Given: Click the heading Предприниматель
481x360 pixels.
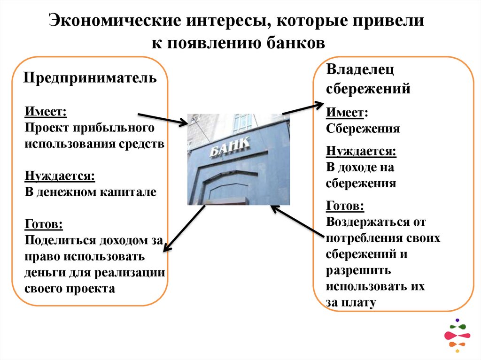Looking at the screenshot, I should pyautogui.click(x=90, y=77).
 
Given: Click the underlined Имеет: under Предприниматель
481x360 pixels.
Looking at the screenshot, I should pyautogui.click(x=46, y=112).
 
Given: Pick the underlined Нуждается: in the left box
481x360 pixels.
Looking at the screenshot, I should pyautogui.click(x=60, y=176).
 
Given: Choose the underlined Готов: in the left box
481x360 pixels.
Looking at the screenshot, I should pyautogui.click(x=44, y=224).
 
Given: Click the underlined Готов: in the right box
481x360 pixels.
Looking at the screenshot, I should pyautogui.click(x=345, y=206).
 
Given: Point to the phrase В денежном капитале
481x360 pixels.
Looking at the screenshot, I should pyautogui.click(x=90, y=192).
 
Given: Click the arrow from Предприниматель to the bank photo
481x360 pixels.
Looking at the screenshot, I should pyautogui.click(x=162, y=119).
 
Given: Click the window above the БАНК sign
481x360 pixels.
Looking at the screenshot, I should pyautogui.click(x=242, y=123).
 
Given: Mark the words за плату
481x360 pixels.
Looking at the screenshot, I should pyautogui.click(x=351, y=303).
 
